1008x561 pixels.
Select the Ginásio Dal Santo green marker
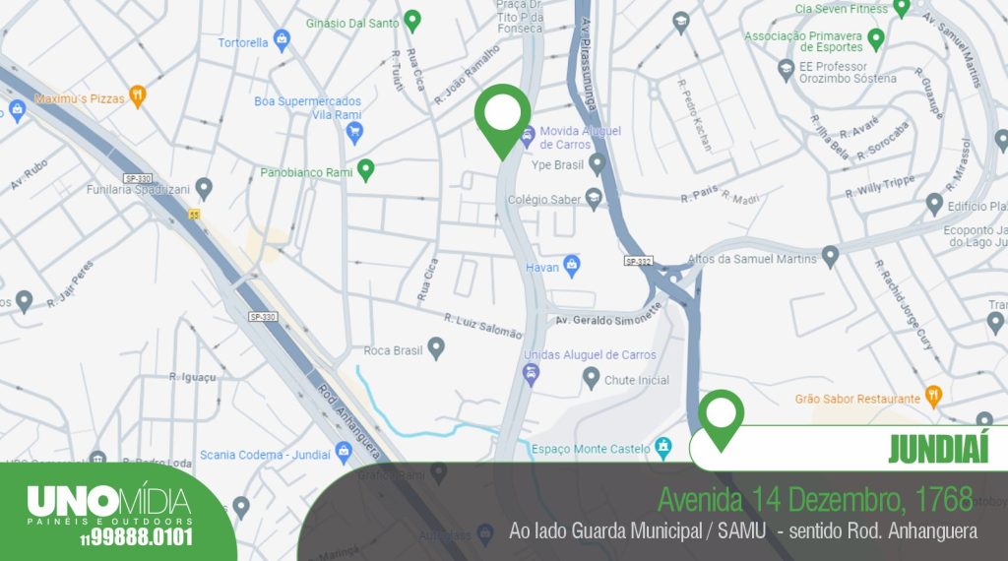(x=413, y=19)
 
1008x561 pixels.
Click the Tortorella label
(x=243, y=42)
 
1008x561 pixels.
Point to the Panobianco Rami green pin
(x=366, y=169)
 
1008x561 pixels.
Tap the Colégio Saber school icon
(x=594, y=199)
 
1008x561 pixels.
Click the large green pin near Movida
(x=503, y=117)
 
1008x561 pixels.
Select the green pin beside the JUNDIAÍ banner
(x=723, y=416)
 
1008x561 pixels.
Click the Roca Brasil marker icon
(x=436, y=348)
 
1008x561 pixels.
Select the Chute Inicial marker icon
(x=591, y=377)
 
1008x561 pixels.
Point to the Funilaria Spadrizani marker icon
(x=204, y=186)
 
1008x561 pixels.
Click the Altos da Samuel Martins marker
(x=830, y=257)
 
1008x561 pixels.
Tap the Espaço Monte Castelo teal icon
(x=664, y=448)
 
